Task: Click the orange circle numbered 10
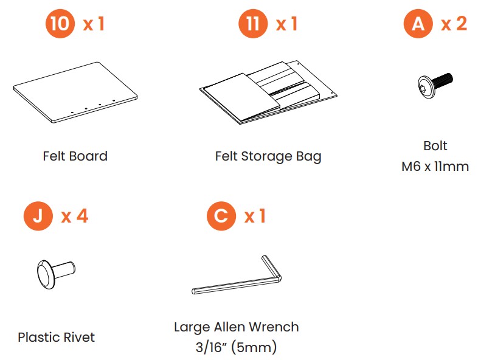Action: point(60,24)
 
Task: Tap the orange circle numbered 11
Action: point(253,24)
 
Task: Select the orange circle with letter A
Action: point(418,24)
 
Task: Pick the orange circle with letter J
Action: point(38,216)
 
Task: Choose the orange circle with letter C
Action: point(221,216)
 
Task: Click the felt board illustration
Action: point(75,92)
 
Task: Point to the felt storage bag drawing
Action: point(268,92)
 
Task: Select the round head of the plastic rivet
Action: point(46,274)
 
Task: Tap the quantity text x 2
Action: point(454,24)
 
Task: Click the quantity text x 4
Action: point(75,216)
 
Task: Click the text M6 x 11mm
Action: point(435,167)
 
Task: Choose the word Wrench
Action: point(274,327)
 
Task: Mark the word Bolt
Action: point(435,146)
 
